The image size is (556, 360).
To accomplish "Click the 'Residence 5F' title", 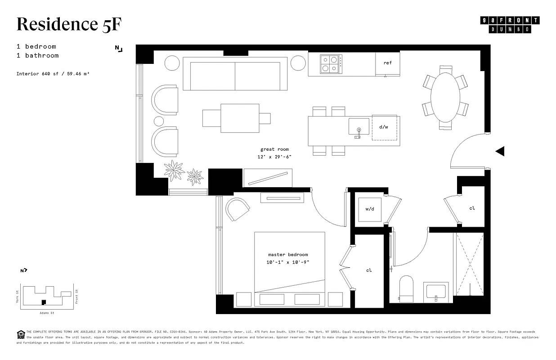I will click(69, 25).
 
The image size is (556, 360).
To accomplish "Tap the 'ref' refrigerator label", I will click(387, 63).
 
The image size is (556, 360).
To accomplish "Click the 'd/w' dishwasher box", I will click(384, 128).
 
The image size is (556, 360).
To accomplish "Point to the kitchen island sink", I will click(359, 127).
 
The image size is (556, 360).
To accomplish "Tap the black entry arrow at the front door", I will click(500, 152).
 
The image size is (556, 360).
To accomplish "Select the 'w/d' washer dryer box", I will click(370, 209).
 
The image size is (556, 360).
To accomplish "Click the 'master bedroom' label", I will click(288, 255).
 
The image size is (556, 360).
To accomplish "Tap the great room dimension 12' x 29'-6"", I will click(274, 157).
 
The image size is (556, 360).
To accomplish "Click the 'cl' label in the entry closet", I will click(472, 208).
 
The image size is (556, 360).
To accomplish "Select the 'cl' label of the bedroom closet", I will click(369, 270).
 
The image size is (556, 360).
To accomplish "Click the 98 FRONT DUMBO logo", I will click(510, 25).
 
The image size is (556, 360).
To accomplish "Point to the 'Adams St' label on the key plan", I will click(46, 312).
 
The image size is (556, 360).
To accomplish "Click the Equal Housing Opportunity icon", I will click(21, 333).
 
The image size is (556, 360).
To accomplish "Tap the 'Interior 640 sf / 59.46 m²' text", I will click(53, 73).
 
